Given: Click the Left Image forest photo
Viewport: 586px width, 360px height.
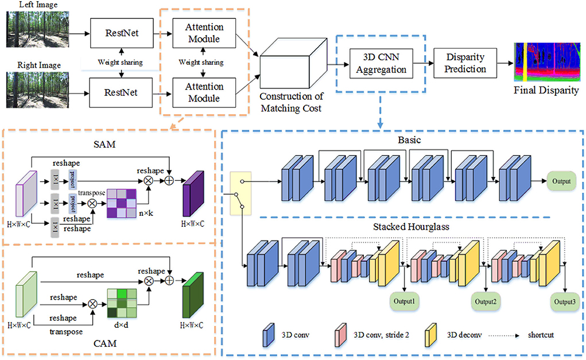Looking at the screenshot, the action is (x=38, y=29).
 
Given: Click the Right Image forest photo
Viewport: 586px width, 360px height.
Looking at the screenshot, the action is (x=38, y=90).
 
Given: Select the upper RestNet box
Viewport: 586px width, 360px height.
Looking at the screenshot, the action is (x=122, y=33).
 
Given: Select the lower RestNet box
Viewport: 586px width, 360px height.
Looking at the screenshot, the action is (x=121, y=92).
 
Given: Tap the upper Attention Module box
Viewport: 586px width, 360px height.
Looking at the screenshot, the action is (x=204, y=33).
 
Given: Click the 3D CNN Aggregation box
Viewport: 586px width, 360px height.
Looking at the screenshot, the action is (x=381, y=63).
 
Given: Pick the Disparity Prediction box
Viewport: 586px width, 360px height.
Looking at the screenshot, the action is (x=465, y=63).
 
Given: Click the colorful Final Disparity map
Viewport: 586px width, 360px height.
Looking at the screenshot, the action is (x=548, y=61).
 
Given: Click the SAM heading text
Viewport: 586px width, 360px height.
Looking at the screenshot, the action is (x=104, y=144).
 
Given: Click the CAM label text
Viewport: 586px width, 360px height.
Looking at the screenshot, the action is (x=105, y=343).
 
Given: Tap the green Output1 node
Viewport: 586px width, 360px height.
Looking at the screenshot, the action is (x=405, y=301).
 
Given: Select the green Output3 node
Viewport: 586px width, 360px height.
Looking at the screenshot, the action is (x=565, y=301).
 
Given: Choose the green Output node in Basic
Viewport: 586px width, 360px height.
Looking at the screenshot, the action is (x=561, y=181).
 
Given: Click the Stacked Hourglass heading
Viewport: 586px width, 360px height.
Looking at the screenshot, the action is (x=411, y=227).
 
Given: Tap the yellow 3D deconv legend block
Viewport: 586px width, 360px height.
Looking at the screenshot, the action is (x=431, y=335).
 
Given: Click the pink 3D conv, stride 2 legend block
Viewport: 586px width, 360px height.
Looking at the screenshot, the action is (x=340, y=335).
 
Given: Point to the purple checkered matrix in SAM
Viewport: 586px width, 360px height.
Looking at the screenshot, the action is (x=122, y=203).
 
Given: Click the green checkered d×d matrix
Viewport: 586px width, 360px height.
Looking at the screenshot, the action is (x=122, y=303).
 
